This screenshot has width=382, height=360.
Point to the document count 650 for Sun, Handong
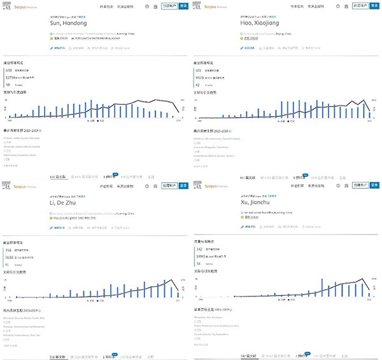pos(8,71)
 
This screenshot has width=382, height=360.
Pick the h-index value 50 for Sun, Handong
pos(8,84)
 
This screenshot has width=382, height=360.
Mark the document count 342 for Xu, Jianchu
pos(198,250)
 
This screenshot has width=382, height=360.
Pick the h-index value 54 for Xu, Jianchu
pos(197,263)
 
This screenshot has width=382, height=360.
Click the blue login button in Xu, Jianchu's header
pos(374,185)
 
